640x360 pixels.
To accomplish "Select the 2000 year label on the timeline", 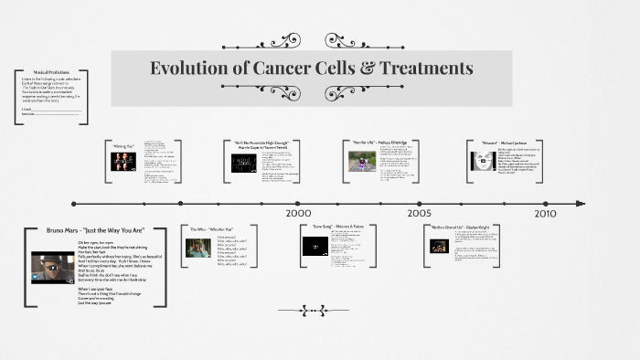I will coord(298,212).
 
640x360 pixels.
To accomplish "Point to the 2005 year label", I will coord(420,212).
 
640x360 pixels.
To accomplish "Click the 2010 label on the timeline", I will coord(545,212).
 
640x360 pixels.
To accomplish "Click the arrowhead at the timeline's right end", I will coord(581,203).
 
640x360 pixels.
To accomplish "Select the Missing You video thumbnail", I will coord(123,162).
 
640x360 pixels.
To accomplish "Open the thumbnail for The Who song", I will coord(198,247).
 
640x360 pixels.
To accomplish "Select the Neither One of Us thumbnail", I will coord(440,246).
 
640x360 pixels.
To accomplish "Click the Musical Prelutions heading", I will coord(52,71).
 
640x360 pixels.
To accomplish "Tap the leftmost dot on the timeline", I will coord(74,203).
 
